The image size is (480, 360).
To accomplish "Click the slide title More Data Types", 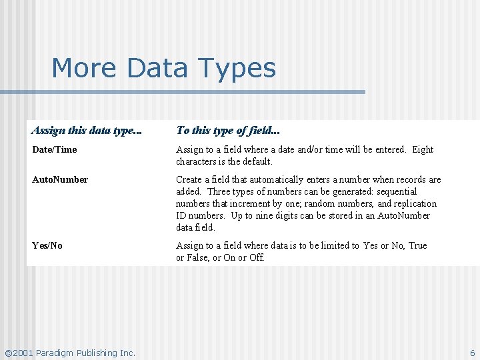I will click(163, 68).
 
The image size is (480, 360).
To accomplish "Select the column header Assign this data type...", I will click(87, 131).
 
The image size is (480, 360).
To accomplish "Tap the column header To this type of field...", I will click(228, 131).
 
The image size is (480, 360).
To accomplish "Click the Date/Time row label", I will click(55, 149).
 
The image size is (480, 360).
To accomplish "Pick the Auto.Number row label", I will click(60, 179).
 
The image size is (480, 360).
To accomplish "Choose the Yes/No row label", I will click(47, 245).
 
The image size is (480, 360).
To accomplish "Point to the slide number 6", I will click(472, 353).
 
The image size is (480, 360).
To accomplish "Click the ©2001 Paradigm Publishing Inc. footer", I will click(70, 353).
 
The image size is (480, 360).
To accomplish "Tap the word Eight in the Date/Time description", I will click(423, 149).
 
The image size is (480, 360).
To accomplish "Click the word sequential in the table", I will click(396, 191).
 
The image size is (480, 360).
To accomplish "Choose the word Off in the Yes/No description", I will click(257, 257).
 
